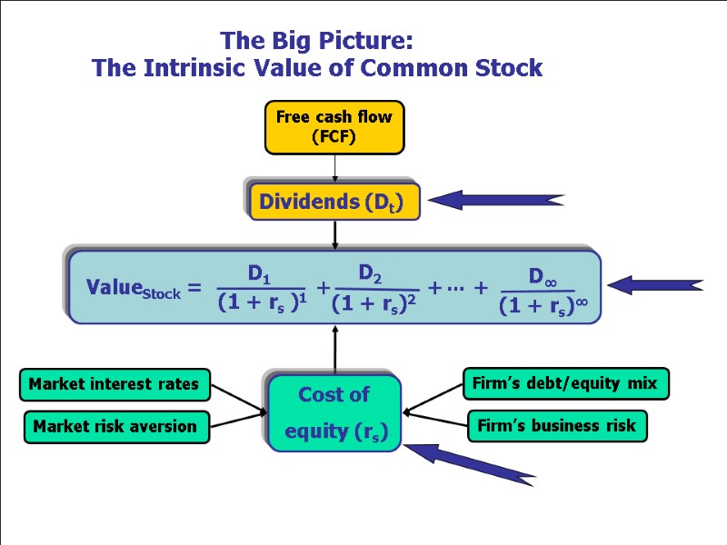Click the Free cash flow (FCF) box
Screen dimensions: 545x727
point(334,127)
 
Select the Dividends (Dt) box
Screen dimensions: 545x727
point(334,202)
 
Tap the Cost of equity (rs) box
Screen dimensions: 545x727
point(334,412)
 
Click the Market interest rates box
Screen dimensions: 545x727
point(115,384)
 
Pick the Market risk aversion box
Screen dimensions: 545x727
point(116,426)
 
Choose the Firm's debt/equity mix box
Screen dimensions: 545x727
point(566,383)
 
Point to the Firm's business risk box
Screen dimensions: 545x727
point(557,426)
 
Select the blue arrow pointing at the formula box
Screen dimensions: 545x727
point(654,285)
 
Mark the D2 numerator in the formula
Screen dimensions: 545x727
point(370,272)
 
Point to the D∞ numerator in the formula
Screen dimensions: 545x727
point(542,276)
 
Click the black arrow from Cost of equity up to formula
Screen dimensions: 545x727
point(334,350)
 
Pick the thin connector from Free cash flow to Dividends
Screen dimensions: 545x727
point(334,167)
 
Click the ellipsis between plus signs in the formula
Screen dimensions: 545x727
point(456,288)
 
